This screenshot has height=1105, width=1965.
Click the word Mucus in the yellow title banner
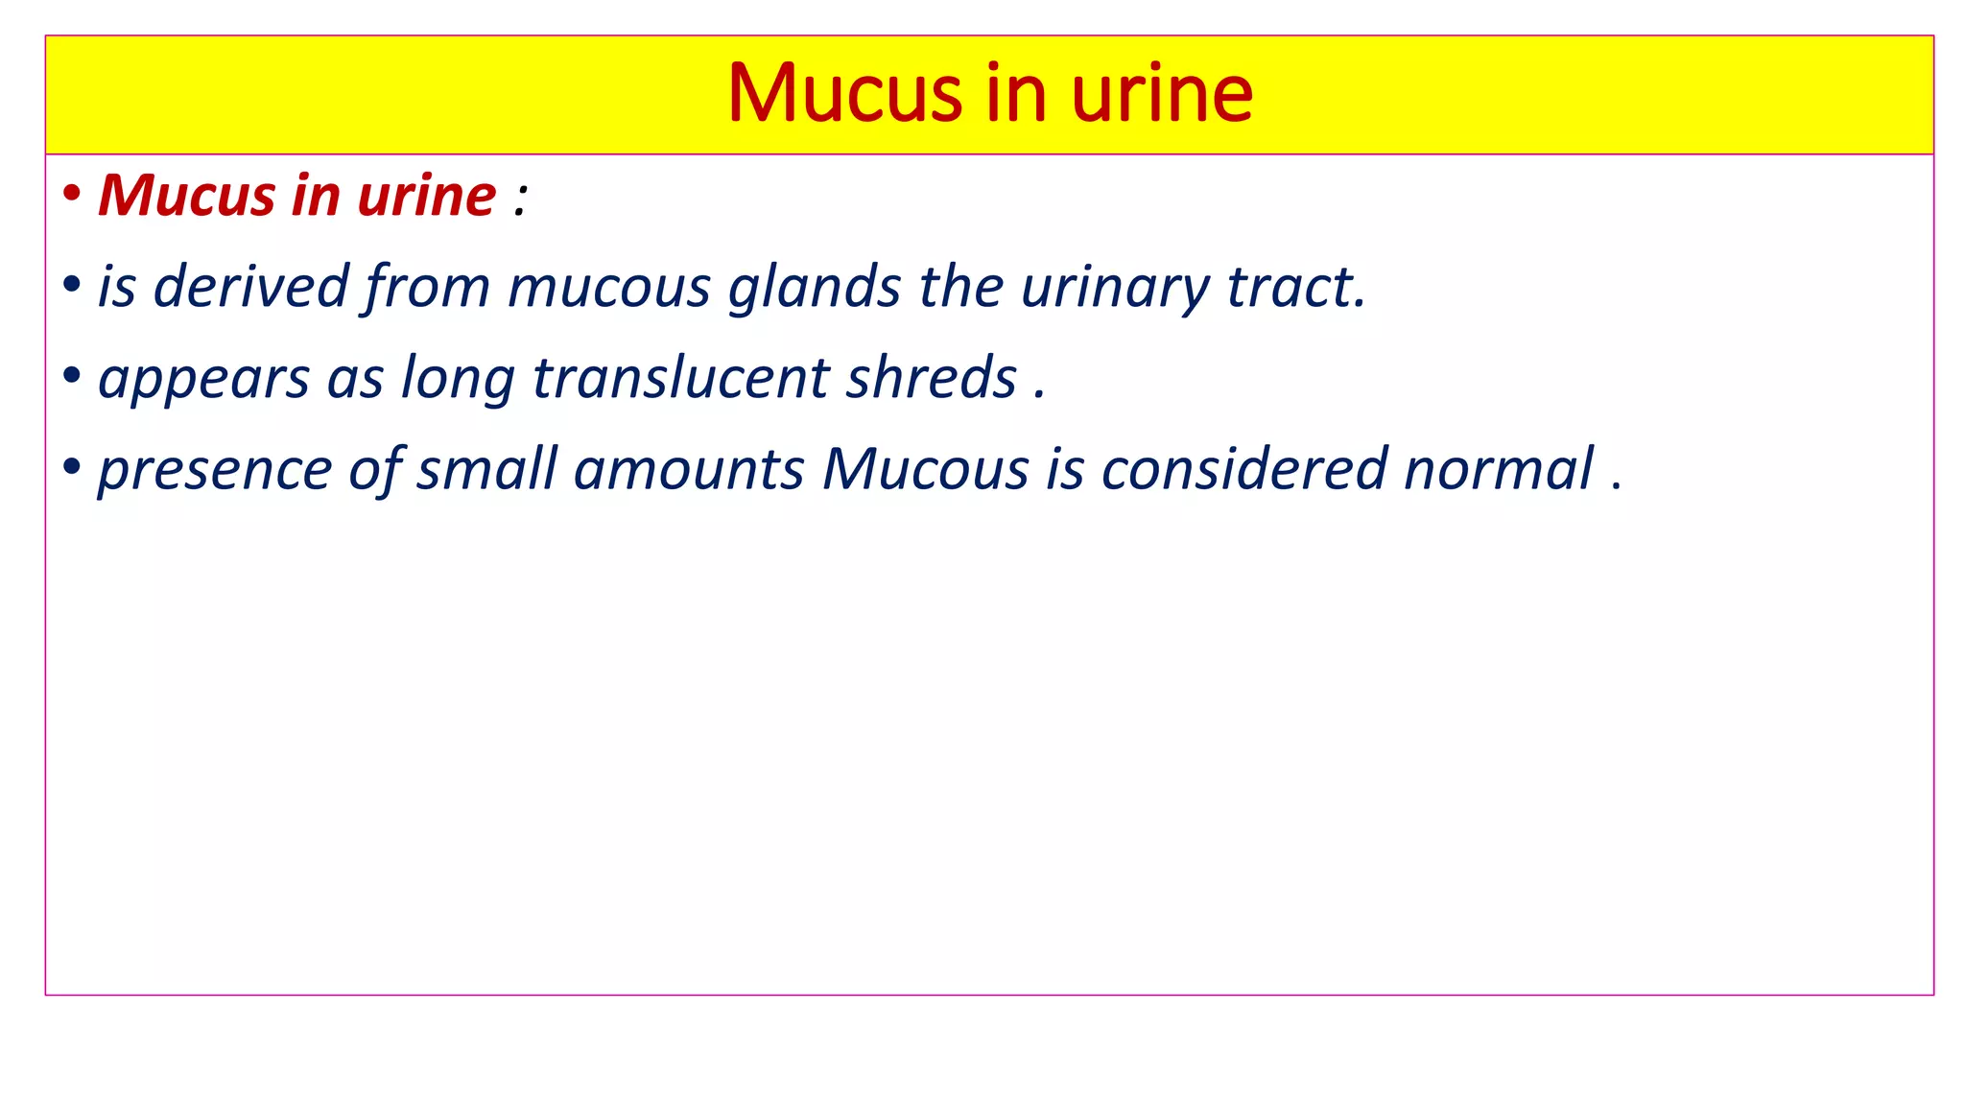pos(844,93)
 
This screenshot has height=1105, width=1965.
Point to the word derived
pos(250,287)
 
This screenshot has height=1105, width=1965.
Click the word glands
pos(815,287)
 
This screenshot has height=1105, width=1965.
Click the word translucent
pos(680,378)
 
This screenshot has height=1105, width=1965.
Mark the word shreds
pos(931,378)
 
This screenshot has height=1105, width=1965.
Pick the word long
pos(458,378)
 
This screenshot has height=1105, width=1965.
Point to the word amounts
pos(689,469)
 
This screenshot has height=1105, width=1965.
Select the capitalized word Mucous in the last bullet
pos(925,469)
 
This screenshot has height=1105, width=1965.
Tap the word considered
pos(1243,469)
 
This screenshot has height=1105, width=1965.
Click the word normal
pos(1498,469)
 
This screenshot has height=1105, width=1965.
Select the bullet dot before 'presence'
pos(71,467)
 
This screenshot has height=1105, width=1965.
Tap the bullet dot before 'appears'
pos(71,376)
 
